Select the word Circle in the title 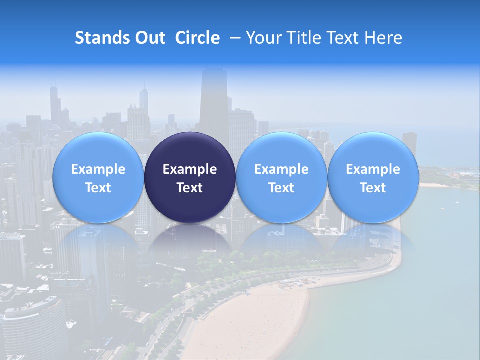pyautogui.click(x=197, y=38)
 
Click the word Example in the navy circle pyautogui.click(x=190, y=169)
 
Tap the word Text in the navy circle pyautogui.click(x=190, y=188)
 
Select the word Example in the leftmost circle pyautogui.click(x=98, y=169)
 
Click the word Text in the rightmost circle pyautogui.click(x=373, y=188)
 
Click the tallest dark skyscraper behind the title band pyautogui.click(x=214, y=100)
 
